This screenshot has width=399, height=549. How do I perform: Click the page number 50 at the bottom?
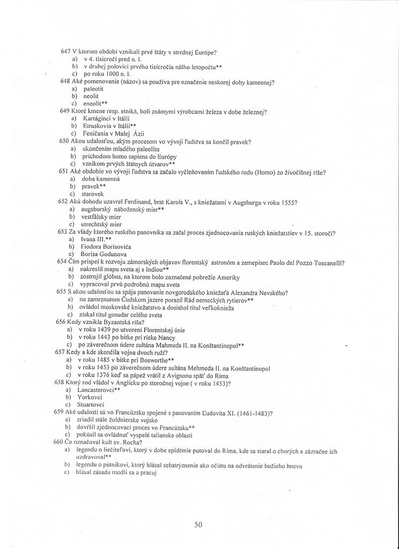pos(198,525)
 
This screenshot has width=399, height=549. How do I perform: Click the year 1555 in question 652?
pos(288,202)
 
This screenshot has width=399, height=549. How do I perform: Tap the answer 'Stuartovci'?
pos(95,405)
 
